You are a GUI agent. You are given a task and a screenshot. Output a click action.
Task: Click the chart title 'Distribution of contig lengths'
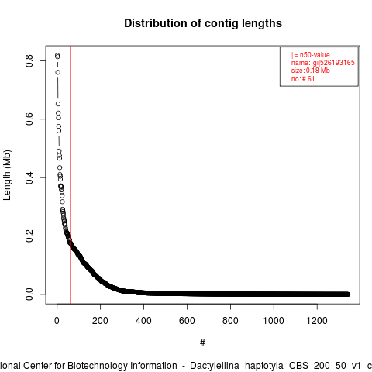[x=203, y=23]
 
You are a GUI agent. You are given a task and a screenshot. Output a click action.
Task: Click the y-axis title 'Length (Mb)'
[x=7, y=175]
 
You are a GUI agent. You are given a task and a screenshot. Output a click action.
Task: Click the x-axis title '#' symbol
[x=202, y=343]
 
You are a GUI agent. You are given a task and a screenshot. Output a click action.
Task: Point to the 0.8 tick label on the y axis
[x=29, y=61]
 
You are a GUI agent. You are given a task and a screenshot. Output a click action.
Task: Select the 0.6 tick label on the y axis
[x=29, y=119]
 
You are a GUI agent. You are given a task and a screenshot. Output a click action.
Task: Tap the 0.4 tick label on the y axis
[x=29, y=177]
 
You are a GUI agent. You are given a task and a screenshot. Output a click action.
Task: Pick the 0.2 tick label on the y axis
[x=29, y=236]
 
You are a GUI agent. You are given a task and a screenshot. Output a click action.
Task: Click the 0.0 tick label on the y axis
[x=29, y=294]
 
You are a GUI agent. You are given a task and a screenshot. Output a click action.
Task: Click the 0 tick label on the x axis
[x=57, y=321]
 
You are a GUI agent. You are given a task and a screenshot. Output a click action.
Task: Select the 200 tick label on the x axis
[x=100, y=321]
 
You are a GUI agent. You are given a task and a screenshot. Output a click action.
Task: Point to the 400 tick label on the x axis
[x=143, y=321]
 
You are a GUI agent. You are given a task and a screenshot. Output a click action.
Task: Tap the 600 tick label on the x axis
[x=187, y=321]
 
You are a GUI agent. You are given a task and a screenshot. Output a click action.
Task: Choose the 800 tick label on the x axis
[x=230, y=321]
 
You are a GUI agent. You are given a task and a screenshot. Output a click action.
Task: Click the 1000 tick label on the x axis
[x=274, y=321]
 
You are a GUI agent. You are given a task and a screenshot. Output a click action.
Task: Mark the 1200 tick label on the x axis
[x=317, y=321]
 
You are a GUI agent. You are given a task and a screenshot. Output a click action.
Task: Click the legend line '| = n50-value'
[x=311, y=55]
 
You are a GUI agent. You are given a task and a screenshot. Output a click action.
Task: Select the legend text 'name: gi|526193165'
[x=323, y=63]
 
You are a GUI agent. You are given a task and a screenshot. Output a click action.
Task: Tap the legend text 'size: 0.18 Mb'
[x=311, y=71]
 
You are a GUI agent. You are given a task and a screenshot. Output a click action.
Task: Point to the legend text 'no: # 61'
[x=303, y=79]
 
